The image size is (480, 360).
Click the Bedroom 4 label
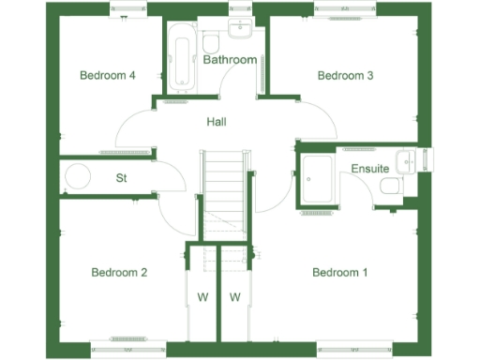coord(108,76)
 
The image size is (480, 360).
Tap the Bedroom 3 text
coord(345,76)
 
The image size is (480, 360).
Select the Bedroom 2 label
coord(119,273)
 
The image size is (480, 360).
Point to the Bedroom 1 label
coord(339,273)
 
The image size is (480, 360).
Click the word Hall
coord(217,121)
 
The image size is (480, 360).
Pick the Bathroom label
coord(230,60)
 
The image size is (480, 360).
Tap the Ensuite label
coord(370,169)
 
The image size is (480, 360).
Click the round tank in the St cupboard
coord(78,176)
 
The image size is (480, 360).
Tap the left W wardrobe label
coord(202,298)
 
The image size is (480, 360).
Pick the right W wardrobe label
coord(235,298)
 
